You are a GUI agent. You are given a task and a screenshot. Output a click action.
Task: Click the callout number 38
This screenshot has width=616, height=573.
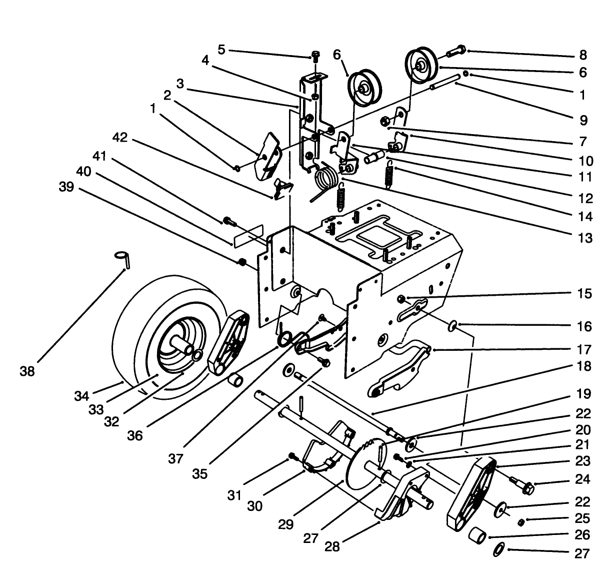[27, 371]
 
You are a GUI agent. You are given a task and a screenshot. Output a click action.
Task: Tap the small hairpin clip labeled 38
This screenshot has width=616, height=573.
[123, 259]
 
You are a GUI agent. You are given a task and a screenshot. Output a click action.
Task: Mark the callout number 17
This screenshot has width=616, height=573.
[583, 349]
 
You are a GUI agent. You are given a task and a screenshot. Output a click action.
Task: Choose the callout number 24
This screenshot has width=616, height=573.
[583, 479]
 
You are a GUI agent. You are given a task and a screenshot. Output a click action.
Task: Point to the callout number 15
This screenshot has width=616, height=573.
[583, 293]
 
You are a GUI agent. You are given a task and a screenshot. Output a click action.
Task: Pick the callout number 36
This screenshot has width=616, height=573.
[134, 435]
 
